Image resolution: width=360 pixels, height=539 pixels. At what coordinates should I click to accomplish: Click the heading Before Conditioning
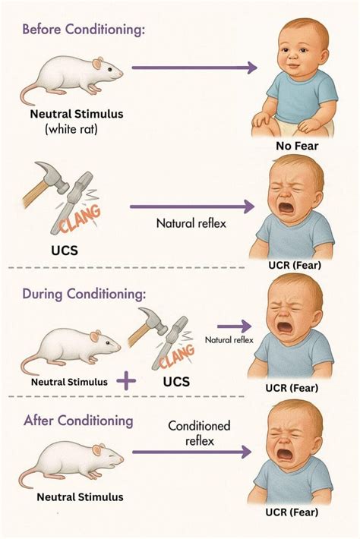click(84, 30)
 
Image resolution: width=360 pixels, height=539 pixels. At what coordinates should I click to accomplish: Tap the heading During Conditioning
click(84, 295)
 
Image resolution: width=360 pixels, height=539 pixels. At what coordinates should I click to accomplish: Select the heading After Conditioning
click(78, 421)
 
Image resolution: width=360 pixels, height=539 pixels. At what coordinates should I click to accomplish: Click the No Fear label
click(297, 146)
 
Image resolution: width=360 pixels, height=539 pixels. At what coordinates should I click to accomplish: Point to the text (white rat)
click(71, 129)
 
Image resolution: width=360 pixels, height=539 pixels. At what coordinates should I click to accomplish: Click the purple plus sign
click(126, 381)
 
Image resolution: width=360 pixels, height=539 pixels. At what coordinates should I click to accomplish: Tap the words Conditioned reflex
click(199, 433)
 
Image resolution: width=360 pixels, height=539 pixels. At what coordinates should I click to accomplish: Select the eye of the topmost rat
click(109, 69)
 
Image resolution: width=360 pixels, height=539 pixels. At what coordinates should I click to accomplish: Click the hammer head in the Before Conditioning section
click(52, 176)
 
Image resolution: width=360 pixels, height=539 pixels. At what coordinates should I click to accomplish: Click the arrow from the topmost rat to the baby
click(194, 68)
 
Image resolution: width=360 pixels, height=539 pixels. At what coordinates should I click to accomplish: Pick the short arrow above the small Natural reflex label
click(235, 326)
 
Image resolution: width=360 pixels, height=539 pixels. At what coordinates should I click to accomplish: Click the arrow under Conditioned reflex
click(192, 452)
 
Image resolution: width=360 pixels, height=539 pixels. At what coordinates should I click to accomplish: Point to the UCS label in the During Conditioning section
click(176, 382)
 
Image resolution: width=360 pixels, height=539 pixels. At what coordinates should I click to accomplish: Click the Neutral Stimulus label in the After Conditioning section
click(80, 496)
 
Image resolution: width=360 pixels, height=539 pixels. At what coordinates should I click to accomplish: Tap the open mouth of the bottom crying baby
click(286, 455)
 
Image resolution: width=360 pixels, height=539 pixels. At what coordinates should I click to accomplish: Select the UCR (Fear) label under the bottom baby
click(292, 512)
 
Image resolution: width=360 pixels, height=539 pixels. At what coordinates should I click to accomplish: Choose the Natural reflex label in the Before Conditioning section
click(191, 223)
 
